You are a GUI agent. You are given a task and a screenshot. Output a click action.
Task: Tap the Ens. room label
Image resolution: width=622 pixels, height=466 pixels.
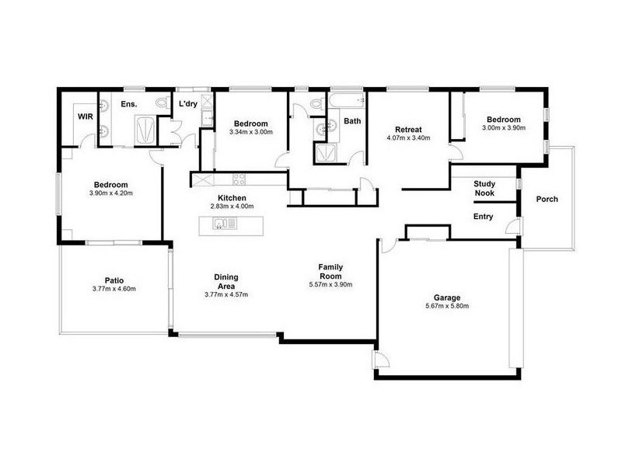[x=129, y=103]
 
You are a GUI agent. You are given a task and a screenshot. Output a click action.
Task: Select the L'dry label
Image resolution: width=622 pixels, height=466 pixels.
[x=187, y=103]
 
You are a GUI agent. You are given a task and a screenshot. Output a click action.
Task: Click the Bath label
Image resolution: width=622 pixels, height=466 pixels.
[x=353, y=121]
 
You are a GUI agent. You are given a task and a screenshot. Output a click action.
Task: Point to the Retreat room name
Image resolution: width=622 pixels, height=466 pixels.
[x=407, y=129]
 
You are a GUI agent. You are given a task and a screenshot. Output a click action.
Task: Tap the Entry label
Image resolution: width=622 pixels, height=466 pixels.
[x=484, y=217]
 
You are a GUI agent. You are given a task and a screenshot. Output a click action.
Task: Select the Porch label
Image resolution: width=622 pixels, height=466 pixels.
[x=547, y=200]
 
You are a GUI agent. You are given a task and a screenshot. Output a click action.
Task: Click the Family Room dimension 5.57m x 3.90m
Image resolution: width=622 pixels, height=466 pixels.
[x=331, y=285]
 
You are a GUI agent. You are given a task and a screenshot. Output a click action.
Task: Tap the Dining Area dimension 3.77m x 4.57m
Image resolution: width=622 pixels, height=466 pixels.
[x=226, y=294]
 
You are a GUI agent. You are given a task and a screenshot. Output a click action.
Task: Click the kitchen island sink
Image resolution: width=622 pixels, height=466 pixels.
[x=221, y=226]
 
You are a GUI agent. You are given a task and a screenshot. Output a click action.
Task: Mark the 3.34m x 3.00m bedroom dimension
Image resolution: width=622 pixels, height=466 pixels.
[x=251, y=133]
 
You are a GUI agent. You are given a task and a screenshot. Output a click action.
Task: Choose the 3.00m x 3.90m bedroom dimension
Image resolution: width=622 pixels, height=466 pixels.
[x=503, y=128]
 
